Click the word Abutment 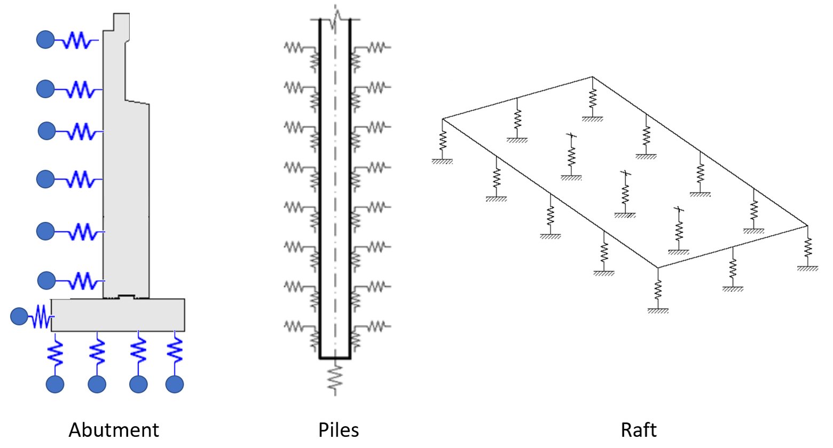pyautogui.click(x=114, y=430)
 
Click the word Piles pyautogui.click(x=339, y=430)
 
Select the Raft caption pyautogui.click(x=639, y=430)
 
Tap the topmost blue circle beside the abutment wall pyautogui.click(x=45, y=39)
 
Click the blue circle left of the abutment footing pyautogui.click(x=19, y=317)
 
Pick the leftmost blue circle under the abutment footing pyautogui.click(x=55, y=384)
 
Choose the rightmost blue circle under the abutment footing pyautogui.click(x=175, y=384)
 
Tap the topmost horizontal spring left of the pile pyautogui.click(x=293, y=47)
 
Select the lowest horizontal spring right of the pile pyautogui.click(x=377, y=325)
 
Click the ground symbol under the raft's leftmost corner pyautogui.click(x=442, y=161)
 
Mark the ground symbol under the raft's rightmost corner pyautogui.click(x=807, y=269)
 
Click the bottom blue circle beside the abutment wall pyautogui.click(x=46, y=281)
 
